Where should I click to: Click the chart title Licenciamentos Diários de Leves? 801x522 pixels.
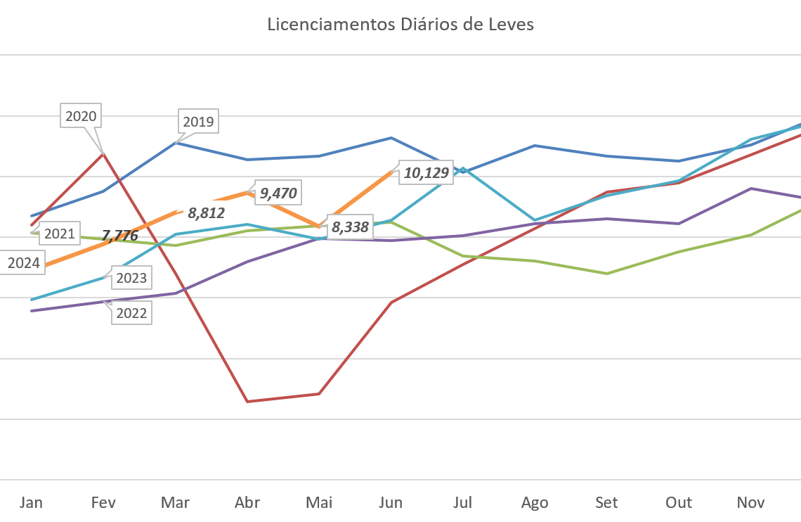pos(400,25)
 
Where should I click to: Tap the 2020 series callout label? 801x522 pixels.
pos(81,116)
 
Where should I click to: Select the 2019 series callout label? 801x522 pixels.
pos(197,122)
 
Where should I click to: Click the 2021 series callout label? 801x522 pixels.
pos(59,234)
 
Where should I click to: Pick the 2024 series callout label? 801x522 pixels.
pos(23,264)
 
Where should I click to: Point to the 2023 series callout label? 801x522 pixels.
pos(131,278)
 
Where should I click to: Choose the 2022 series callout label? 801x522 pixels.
pos(131,313)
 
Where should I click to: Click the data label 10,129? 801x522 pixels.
pos(425,173)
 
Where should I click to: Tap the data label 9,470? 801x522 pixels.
pos(278,193)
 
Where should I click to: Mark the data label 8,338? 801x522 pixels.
pos(350,227)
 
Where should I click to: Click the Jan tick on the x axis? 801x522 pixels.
pos(31,502)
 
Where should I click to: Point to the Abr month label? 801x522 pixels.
pos(247,502)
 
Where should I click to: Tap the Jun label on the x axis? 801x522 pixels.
pos(391,502)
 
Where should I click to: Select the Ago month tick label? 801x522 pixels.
pos(535,502)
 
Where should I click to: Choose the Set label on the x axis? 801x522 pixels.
pos(606,502)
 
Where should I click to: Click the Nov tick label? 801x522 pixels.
pos(750,502)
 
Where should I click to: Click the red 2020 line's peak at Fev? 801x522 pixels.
pos(103,153)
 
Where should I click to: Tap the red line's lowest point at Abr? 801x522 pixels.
pos(247,401)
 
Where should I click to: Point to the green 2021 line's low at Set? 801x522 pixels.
pos(606,273)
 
